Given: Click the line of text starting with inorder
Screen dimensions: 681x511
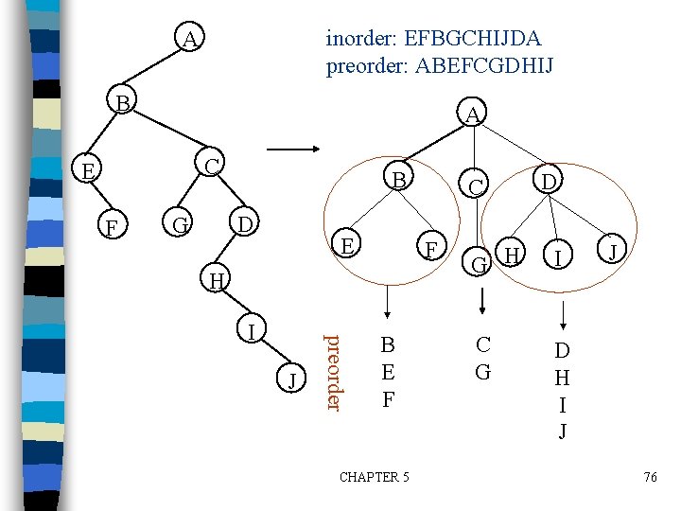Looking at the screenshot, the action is [434, 39].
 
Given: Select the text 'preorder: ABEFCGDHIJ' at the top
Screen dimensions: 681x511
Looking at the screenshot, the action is [440, 66].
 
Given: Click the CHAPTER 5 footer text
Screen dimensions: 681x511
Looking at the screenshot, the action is [374, 477].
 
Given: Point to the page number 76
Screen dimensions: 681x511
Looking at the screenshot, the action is [650, 477].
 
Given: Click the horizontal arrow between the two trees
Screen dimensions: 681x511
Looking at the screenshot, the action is [293, 150].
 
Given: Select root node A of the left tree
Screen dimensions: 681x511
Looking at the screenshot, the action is [190, 40].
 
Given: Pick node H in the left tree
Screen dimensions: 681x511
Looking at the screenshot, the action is [217, 280].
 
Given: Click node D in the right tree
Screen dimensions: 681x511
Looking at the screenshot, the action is [547, 179].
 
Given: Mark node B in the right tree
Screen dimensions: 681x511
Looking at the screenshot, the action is [400, 180].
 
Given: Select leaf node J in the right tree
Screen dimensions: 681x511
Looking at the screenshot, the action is [613, 252].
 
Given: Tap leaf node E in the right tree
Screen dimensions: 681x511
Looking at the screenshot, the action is [348, 245].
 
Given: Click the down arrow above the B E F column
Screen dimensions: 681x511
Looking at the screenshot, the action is [385, 308].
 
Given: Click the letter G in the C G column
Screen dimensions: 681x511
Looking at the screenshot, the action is [482, 371].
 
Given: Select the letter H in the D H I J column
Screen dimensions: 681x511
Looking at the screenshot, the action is [562, 378].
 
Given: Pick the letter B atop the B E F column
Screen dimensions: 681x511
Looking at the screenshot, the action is [387, 345].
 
